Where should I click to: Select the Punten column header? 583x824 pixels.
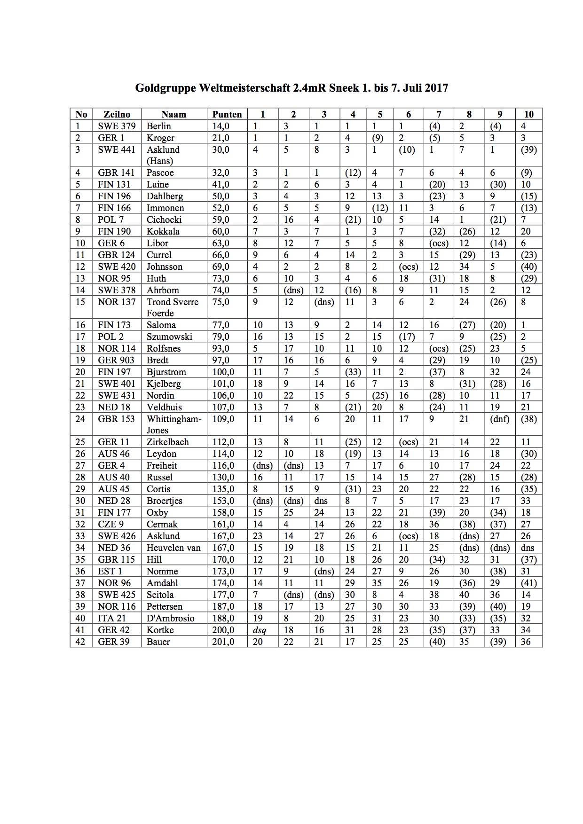tap(227, 114)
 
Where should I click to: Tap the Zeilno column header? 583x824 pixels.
tap(117, 114)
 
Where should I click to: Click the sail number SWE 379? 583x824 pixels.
tap(117, 126)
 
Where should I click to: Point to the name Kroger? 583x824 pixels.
tap(160, 138)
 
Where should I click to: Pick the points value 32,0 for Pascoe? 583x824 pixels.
tap(221, 173)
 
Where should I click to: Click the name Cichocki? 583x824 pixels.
tap(164, 220)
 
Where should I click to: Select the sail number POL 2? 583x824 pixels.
tap(111, 337)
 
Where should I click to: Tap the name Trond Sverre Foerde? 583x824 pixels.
tap(173, 307)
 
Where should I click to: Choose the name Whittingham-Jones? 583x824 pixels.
tap(173, 424)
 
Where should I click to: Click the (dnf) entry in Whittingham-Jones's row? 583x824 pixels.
tap(499, 419)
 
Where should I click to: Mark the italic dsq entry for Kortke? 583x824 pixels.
tap(260, 630)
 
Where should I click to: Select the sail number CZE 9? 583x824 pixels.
tap(111, 524)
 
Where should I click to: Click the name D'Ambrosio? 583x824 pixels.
tap(170, 618)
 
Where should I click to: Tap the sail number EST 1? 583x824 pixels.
tap(110, 571)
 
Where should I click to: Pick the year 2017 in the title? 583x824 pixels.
tap(436, 88)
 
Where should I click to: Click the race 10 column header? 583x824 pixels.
tap(528, 114)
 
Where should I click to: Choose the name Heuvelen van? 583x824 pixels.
tap(173, 548)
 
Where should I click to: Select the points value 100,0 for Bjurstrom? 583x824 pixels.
tap(223, 372)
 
